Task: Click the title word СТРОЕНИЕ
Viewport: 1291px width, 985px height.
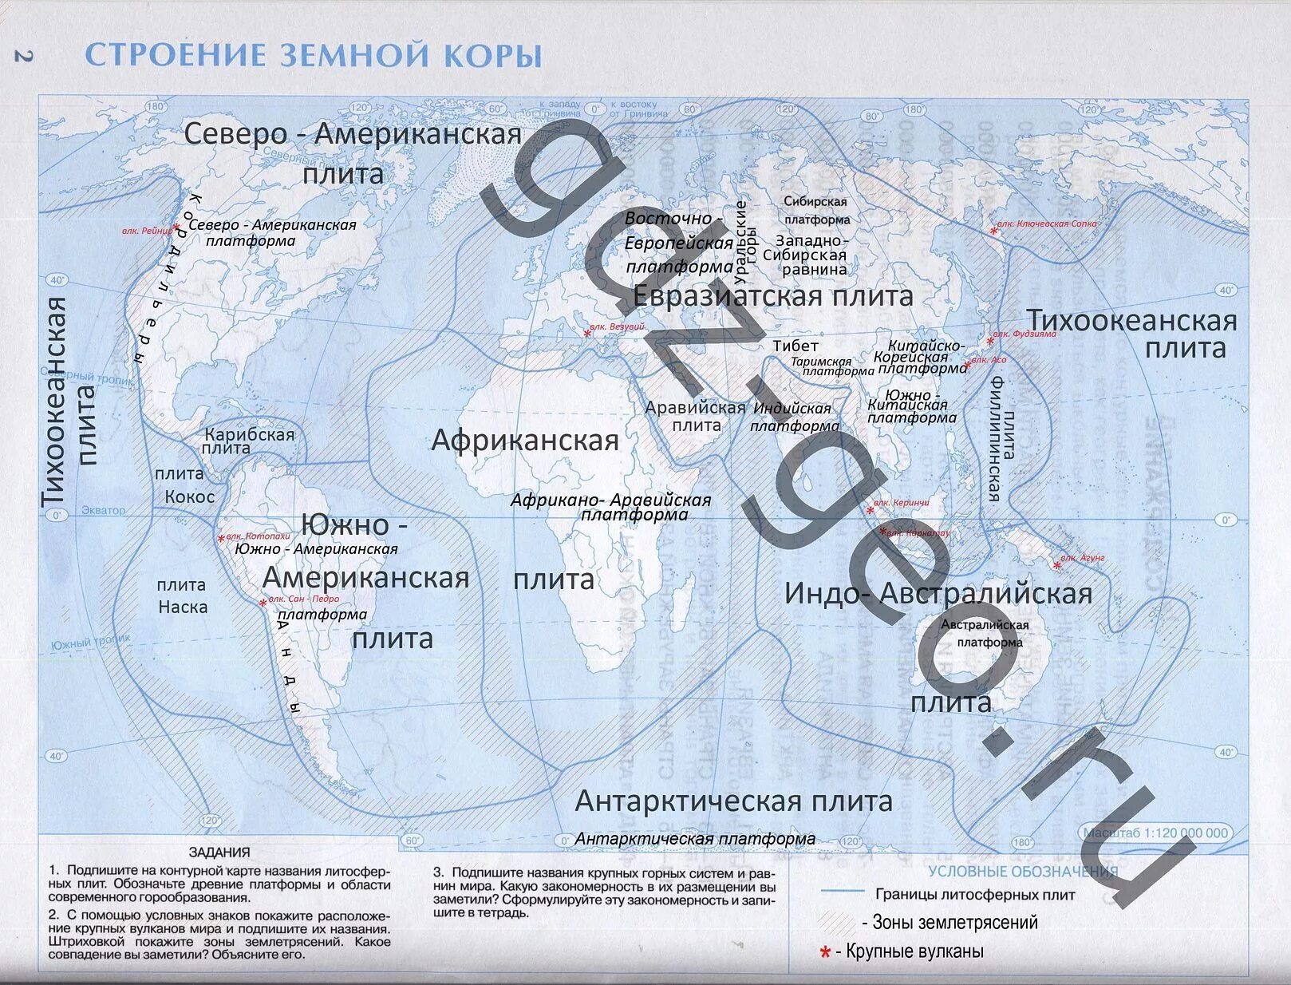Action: (x=175, y=56)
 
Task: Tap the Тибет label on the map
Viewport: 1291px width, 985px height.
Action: (x=796, y=346)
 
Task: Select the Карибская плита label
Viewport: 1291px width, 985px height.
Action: (x=249, y=441)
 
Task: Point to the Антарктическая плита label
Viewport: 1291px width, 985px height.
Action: (x=733, y=801)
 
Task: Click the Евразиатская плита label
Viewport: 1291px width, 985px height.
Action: (x=772, y=296)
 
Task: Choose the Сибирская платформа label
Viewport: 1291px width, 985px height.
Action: (x=815, y=211)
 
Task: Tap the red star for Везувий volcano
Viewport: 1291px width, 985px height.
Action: (x=588, y=333)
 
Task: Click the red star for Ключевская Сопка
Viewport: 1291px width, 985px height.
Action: (x=994, y=231)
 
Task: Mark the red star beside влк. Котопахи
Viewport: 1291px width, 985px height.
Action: (x=221, y=540)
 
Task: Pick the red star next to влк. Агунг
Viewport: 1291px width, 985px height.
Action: (x=1057, y=565)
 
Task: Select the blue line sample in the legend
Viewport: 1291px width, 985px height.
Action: (x=843, y=892)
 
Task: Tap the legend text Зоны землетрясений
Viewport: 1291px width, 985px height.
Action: (x=955, y=923)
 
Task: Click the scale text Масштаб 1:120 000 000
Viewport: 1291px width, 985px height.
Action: (x=1155, y=833)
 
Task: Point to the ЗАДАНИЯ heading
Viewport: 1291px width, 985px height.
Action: (x=219, y=852)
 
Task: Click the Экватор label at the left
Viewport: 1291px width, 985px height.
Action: (x=104, y=510)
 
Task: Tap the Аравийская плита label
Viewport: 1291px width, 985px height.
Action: (x=695, y=416)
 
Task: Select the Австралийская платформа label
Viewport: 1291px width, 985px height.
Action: (x=985, y=634)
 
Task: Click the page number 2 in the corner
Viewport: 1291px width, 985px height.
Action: (x=22, y=56)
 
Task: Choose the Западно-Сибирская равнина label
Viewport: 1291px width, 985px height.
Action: (x=804, y=255)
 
